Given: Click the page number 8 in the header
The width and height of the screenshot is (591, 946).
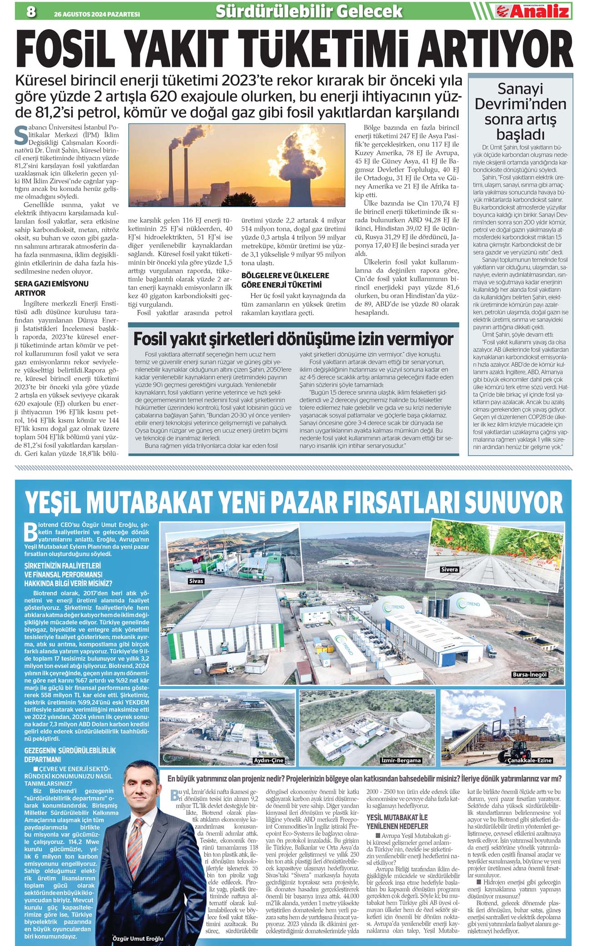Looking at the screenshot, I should point(31,11).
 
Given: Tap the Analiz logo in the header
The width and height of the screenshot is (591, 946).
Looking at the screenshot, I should point(532,11).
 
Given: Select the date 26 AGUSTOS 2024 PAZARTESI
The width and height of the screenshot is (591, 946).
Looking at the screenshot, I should point(97,14).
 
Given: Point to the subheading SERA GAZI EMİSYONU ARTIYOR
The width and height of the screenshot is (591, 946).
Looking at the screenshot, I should point(51,288).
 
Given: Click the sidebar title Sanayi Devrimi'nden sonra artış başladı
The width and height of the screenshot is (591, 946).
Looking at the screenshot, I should point(520,111).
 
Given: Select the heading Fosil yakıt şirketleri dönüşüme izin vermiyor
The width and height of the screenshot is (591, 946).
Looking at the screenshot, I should point(293,339).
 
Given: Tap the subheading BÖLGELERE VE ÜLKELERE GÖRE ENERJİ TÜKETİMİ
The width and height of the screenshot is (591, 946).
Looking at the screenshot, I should point(285,280).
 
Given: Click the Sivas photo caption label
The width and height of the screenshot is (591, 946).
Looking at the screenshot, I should point(196,581).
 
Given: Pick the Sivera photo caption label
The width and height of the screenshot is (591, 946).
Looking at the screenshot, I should point(449,569).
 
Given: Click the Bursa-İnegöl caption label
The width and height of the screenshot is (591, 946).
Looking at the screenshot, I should point(530,675).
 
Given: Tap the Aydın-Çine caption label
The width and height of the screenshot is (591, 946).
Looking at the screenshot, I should point(268,760).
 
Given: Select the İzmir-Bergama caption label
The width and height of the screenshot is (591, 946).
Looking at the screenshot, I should point(401,760).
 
